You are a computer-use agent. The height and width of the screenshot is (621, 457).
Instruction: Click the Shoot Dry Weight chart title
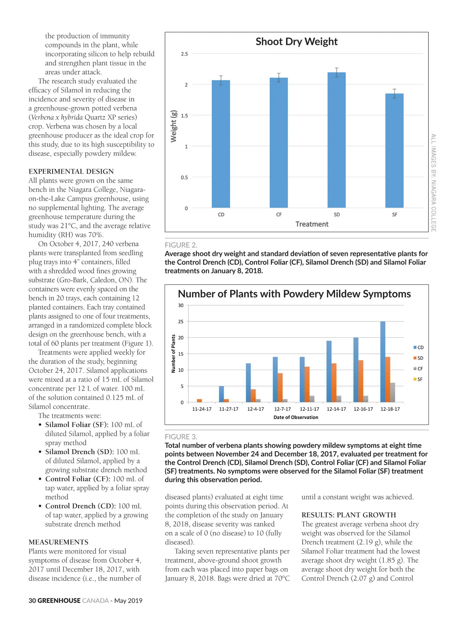(296, 42)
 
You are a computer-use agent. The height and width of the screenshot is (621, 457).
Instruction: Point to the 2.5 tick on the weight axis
(184, 54)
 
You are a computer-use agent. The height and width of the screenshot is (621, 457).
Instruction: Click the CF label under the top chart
(279, 215)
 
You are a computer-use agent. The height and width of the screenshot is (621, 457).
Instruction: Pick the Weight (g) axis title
(174, 126)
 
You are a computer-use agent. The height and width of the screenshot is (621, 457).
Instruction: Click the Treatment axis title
(312, 224)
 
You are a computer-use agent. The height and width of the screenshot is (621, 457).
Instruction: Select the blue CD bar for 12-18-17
(383, 362)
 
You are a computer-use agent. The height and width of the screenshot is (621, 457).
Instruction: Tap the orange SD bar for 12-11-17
(307, 385)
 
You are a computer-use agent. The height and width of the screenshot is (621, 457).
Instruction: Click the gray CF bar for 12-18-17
(393, 393)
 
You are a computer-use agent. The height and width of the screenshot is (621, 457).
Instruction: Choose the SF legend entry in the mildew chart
(418, 379)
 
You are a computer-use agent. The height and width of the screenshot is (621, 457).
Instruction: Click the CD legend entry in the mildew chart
(418, 347)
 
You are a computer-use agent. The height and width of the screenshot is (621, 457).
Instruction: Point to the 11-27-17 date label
(228, 409)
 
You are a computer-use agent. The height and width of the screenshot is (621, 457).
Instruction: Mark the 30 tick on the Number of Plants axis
(181, 305)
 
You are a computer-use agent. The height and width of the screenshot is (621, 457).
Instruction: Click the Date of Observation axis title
(296, 417)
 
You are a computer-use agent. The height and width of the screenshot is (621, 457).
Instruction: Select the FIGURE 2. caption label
(181, 245)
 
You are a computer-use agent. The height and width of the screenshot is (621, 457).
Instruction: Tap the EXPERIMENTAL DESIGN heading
(71, 171)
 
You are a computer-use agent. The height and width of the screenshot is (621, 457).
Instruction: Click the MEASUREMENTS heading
(58, 542)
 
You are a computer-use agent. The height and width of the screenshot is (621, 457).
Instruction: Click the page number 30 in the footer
(32, 600)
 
